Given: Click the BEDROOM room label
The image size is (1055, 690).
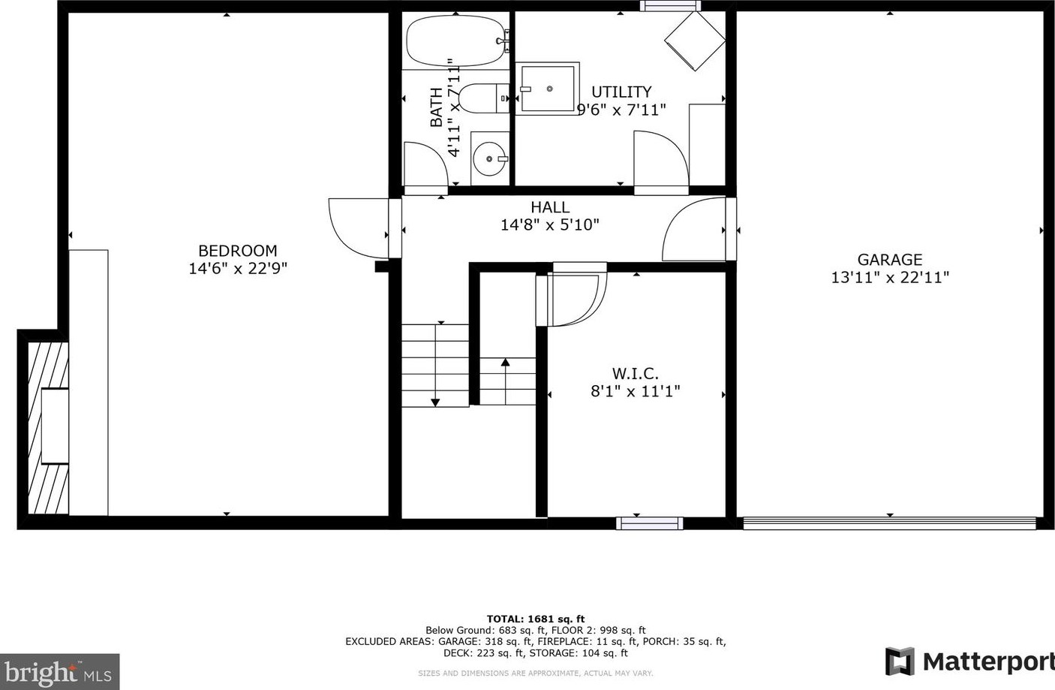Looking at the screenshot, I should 237,251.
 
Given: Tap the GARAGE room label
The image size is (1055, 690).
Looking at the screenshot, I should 889,260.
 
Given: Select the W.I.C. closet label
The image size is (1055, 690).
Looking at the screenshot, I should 635,373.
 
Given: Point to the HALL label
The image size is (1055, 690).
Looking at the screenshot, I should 549,207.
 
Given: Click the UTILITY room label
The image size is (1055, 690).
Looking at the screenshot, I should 621,92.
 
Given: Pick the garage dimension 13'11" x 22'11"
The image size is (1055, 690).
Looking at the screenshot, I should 889,278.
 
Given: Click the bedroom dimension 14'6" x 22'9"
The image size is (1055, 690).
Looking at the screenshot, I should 237,269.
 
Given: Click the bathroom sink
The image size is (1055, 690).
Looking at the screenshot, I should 490,158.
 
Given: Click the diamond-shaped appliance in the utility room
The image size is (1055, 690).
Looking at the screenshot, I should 695,41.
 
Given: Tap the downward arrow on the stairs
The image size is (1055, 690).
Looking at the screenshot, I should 435,402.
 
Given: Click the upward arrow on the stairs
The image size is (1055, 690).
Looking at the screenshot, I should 505,363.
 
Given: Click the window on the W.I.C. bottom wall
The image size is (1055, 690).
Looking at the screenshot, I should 649,523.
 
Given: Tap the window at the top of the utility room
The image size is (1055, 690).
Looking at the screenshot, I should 670,6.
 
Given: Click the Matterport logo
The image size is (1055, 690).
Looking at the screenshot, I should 969,661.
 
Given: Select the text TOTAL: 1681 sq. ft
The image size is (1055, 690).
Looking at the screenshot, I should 535,619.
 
